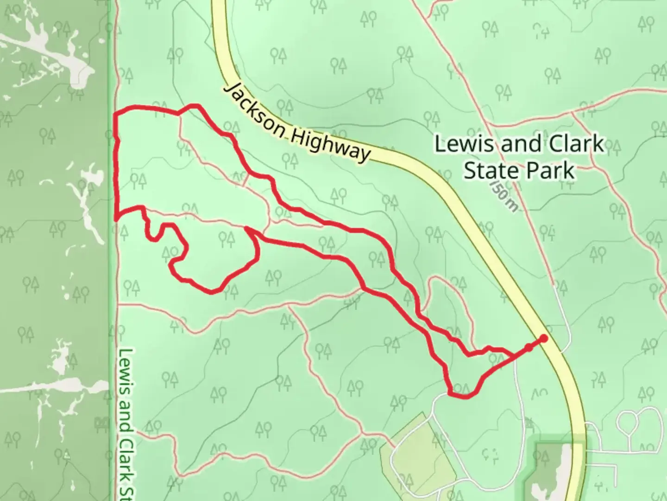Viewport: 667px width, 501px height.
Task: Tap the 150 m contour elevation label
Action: (503, 195)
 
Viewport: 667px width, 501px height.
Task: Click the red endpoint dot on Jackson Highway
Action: (544, 339)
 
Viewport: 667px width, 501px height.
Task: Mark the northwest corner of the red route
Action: (116, 113)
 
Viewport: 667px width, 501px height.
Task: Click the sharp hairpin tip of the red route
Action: (248, 229)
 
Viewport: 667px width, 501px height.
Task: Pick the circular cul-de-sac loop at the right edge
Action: (632, 423)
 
